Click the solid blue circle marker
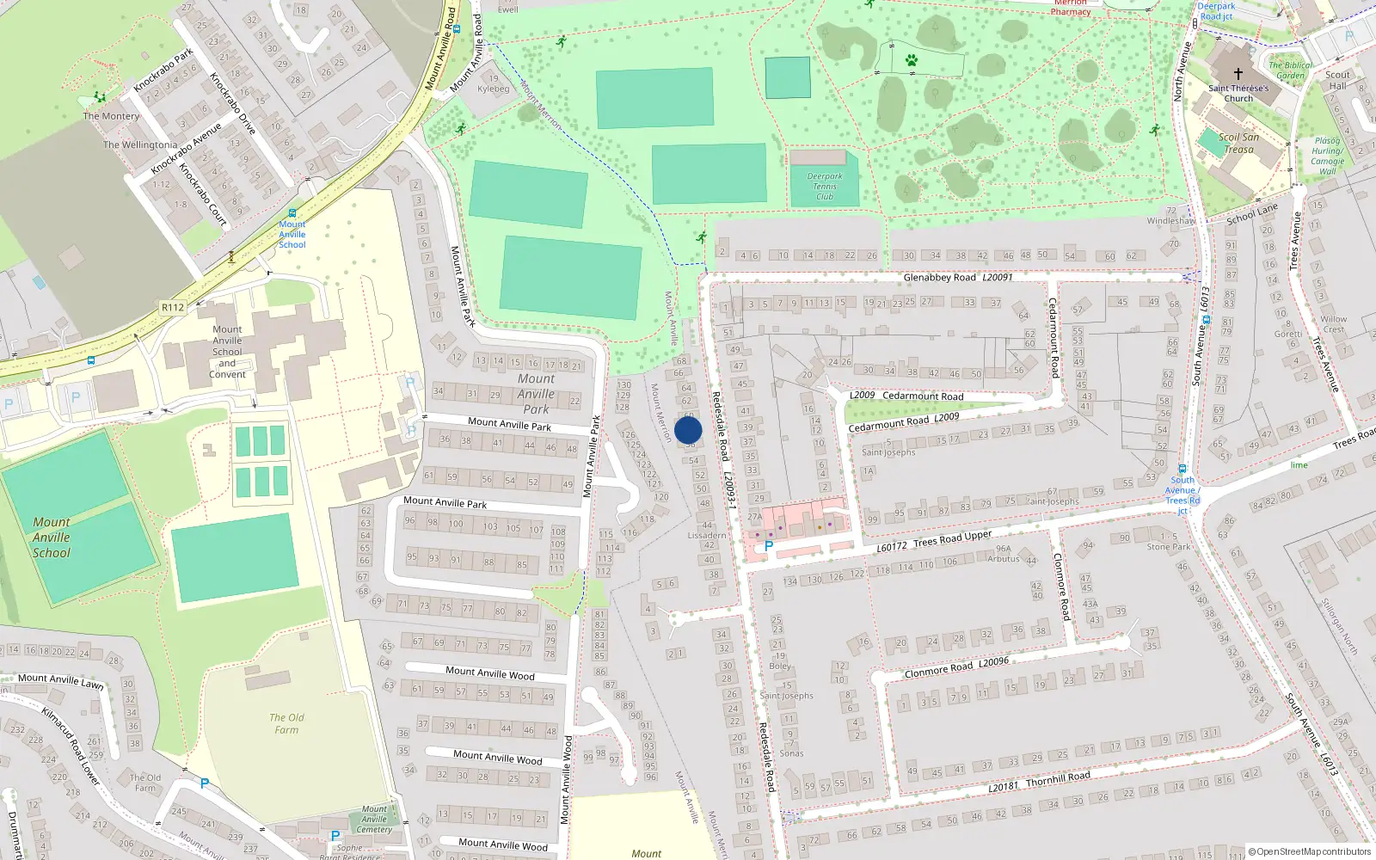(688, 430)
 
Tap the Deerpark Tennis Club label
(825, 186)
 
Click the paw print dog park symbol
(911, 60)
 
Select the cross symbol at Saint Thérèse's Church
(1238, 74)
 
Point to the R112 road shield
(173, 307)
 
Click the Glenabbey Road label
(939, 278)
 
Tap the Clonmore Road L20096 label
(956, 667)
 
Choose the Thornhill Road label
(1058, 778)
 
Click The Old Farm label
(286, 723)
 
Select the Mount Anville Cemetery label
(374, 820)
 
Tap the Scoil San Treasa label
(1238, 143)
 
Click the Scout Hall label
(1337, 80)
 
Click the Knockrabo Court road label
(203, 194)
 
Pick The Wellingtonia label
(140, 144)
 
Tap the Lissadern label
(707, 535)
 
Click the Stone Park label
(1169, 546)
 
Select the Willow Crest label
(1334, 323)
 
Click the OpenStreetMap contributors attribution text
(1310, 852)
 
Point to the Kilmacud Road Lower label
(71, 746)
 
